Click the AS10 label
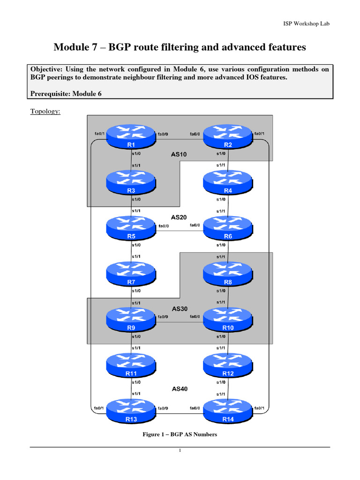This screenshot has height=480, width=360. point(180,154)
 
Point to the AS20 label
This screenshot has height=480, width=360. point(180,217)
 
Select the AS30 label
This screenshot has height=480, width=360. point(180,309)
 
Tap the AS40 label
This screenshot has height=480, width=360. point(180,389)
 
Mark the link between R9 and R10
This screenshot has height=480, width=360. point(180,322)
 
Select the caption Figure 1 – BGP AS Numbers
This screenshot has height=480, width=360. point(180,435)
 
